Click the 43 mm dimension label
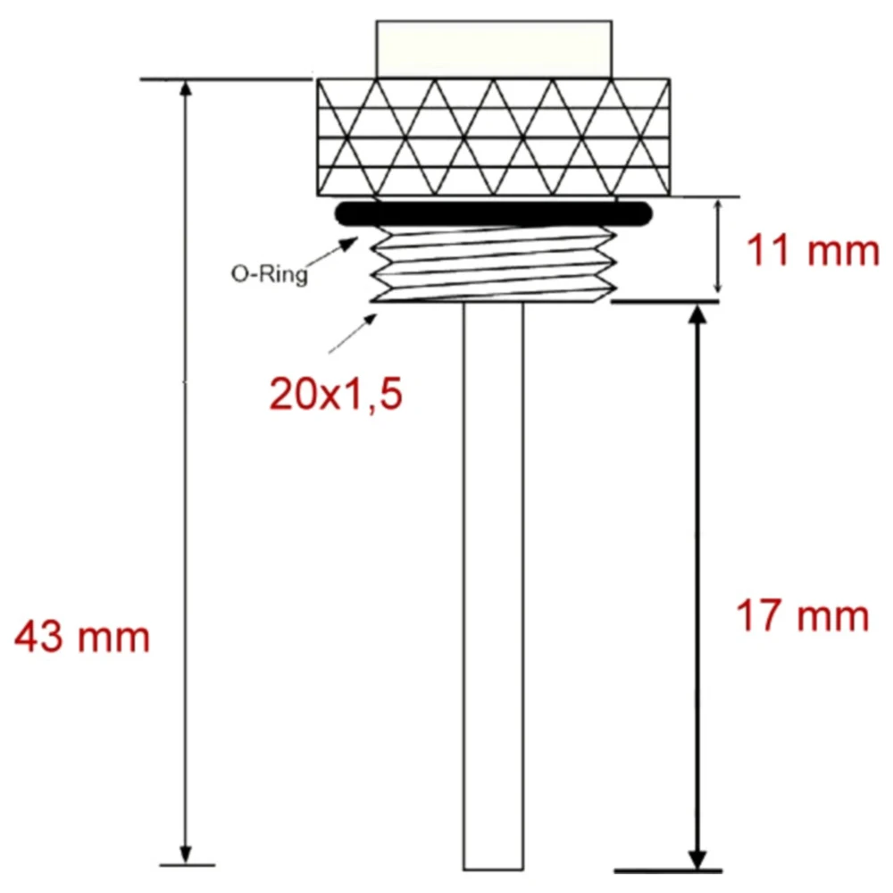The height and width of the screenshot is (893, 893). pos(82,638)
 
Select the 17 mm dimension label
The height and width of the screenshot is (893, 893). pos(802,616)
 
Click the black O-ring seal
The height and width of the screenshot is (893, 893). pos(494,213)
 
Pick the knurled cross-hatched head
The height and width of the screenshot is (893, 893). pos(495,138)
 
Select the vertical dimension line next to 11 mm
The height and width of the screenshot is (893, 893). pos(718,248)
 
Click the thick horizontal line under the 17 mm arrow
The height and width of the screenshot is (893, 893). pos(668,870)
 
